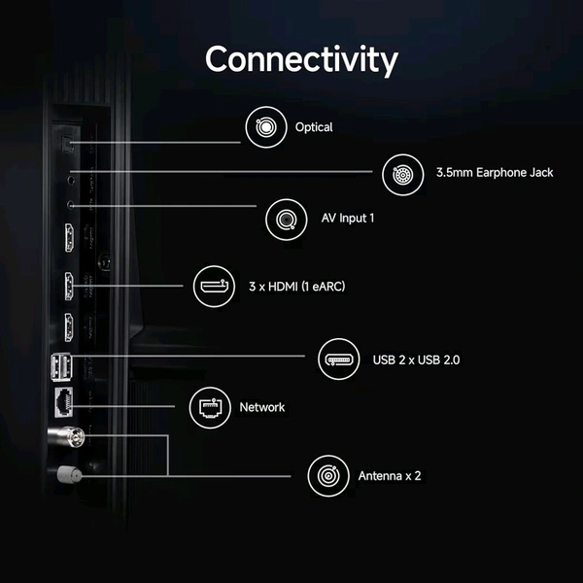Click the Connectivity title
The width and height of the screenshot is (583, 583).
(301, 59)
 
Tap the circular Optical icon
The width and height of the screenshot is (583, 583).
(266, 127)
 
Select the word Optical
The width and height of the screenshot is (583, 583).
(314, 127)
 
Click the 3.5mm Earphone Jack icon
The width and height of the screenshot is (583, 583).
(402, 174)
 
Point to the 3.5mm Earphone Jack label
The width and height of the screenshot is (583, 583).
(495, 173)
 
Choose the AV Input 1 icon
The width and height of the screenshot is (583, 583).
(287, 220)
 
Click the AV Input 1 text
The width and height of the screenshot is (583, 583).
(348, 218)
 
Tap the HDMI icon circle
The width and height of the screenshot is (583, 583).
(214, 287)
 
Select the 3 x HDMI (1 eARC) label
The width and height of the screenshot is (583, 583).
(297, 287)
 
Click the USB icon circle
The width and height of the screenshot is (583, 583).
(339, 360)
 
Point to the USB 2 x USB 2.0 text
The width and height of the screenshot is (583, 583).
(417, 360)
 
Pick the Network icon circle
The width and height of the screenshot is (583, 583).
(210, 407)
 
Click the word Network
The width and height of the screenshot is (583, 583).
(262, 407)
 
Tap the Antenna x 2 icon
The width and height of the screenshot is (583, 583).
(328, 476)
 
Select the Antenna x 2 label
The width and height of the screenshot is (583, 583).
(390, 476)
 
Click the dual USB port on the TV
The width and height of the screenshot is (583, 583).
(62, 366)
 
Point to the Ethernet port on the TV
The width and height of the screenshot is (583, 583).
(63, 402)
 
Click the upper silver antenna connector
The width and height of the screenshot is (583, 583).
(66, 436)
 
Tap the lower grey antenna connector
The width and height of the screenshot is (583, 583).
(69, 474)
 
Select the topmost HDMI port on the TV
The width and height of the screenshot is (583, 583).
(69, 238)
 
